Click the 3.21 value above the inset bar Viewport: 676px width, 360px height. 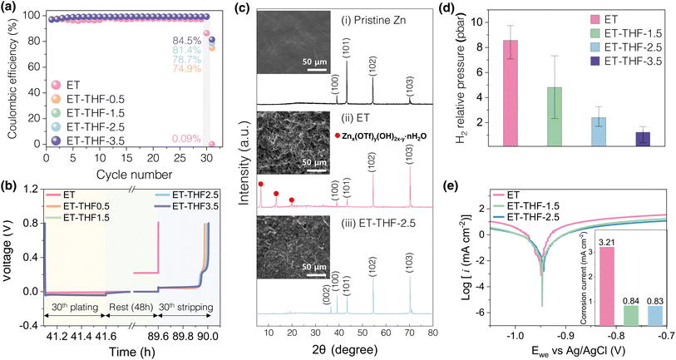[x=583, y=240]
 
